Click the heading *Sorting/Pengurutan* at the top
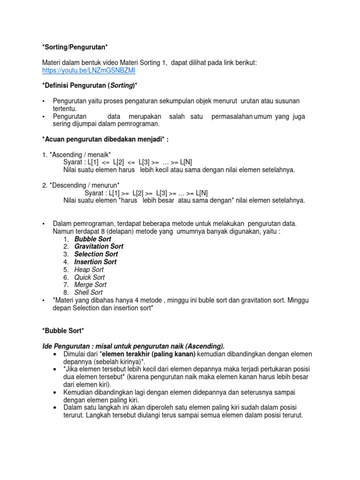tap(75, 48)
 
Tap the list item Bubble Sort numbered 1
tap(92, 239)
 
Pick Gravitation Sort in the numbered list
tap(99, 247)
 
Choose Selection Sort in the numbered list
tap(96, 254)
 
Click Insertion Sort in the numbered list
tap(96, 262)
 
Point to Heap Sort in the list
tap(89, 270)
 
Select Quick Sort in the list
tap(90, 277)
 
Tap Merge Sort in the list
tap(90, 285)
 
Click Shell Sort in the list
tap(89, 292)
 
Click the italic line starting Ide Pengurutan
tap(133, 346)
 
